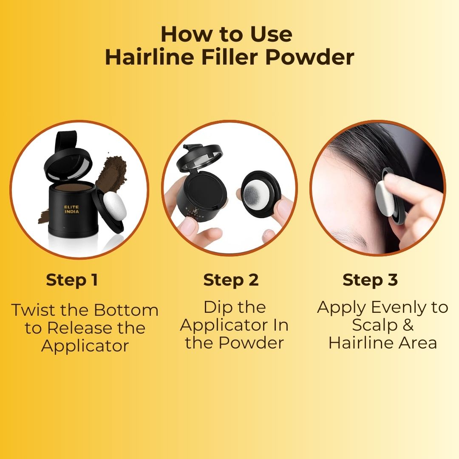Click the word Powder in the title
point(309,57)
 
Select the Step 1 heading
point(72,280)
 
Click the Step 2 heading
point(231,280)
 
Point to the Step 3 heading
point(370,280)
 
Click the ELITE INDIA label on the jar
point(72,210)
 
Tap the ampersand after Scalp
point(407,326)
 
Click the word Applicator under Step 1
point(85,346)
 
